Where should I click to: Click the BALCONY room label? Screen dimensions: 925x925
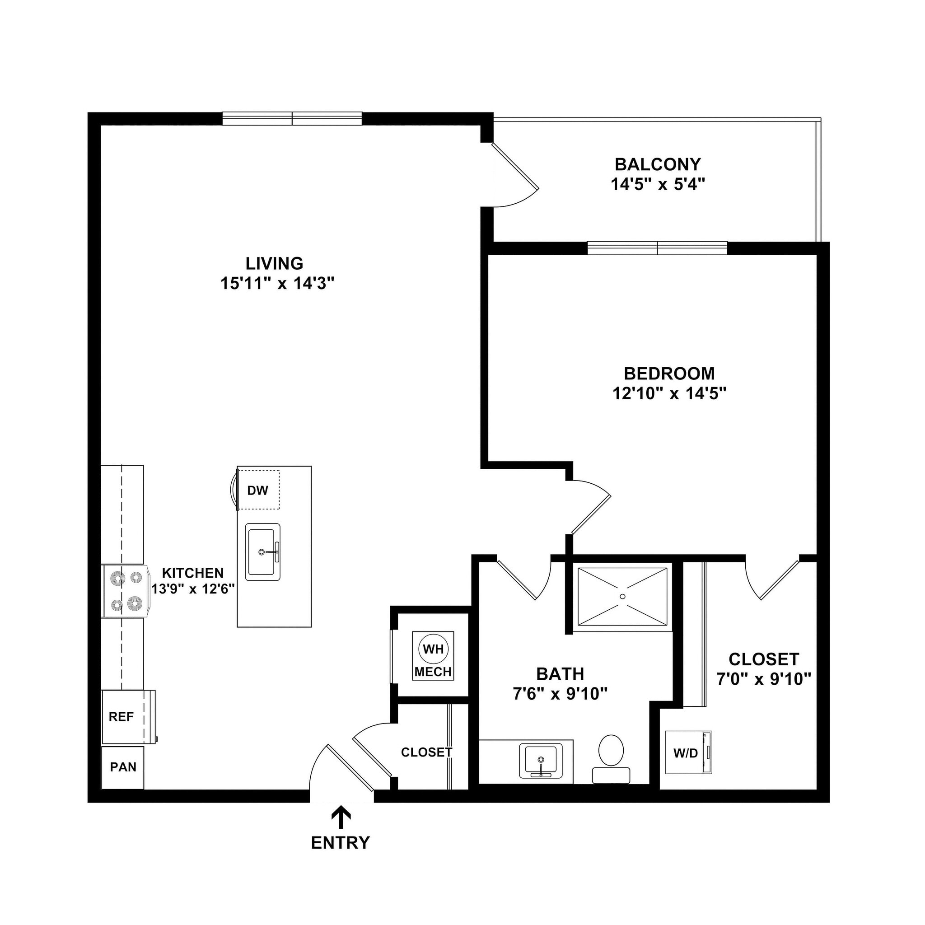657,165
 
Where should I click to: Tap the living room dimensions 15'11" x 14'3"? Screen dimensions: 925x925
277,284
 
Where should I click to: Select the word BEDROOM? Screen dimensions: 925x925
669,374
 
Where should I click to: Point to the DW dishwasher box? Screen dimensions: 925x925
258,490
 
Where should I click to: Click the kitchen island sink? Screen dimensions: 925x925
262,552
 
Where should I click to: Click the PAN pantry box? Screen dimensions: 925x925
122,767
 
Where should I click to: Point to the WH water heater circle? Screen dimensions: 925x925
433,649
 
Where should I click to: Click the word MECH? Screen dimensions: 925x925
433,672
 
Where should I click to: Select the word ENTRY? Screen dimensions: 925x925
341,843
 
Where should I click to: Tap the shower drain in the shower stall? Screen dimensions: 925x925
622,596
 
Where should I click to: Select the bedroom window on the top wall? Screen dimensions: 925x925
657,248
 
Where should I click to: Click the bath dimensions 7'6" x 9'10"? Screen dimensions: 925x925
560,693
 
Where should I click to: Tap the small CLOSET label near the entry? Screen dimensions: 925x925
426,752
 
